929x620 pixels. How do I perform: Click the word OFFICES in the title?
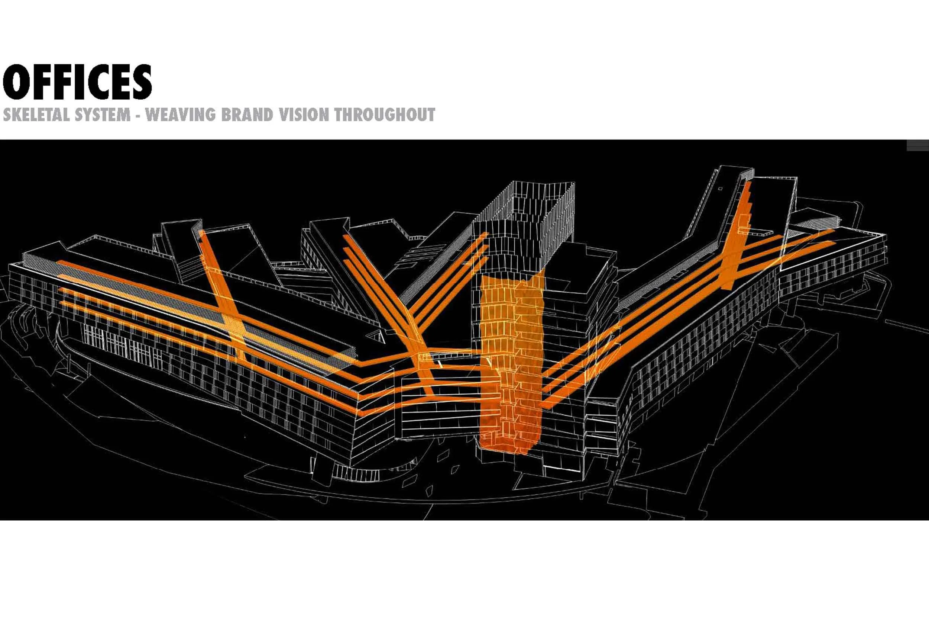(77, 82)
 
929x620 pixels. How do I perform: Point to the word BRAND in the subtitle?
(247, 115)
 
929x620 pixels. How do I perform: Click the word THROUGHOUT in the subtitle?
(385, 115)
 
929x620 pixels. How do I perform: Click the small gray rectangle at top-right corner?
(917, 145)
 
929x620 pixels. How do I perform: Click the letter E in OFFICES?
(120, 82)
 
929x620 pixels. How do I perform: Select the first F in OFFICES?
(39, 82)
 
